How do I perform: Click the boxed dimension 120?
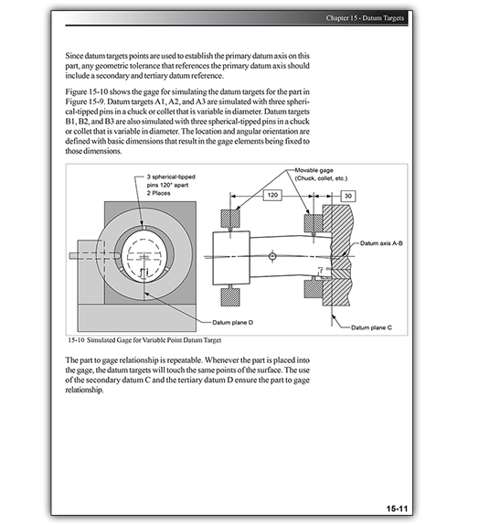click(x=272, y=195)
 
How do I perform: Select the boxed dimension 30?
click(x=348, y=196)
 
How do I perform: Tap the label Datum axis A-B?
click(x=381, y=243)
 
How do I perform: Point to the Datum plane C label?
click(x=371, y=327)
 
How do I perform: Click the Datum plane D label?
click(x=232, y=323)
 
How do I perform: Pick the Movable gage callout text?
click(x=314, y=170)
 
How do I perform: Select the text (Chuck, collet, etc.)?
click(x=321, y=178)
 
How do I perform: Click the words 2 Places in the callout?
click(x=158, y=193)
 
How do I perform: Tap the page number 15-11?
click(x=397, y=509)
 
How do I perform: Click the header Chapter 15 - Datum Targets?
click(x=365, y=18)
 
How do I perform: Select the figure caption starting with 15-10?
click(x=144, y=340)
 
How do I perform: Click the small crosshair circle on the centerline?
click(x=272, y=256)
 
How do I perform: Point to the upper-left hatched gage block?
click(x=230, y=220)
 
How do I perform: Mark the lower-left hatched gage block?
click(x=230, y=296)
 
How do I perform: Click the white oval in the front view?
click(x=144, y=255)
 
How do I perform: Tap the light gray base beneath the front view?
click(x=137, y=317)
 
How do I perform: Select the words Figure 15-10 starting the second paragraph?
click(x=86, y=91)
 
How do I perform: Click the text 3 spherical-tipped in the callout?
click(x=171, y=177)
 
